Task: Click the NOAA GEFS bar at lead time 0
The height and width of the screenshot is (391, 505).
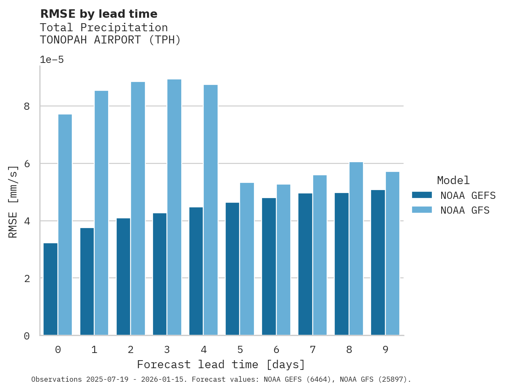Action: point(50,289)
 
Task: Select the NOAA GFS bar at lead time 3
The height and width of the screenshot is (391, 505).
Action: point(174,207)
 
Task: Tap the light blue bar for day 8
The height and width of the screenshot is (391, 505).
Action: point(356,249)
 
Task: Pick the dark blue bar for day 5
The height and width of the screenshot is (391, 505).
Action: point(232,269)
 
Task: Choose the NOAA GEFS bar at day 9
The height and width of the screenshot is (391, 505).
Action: point(378,263)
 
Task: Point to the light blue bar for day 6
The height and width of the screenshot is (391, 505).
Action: point(283,260)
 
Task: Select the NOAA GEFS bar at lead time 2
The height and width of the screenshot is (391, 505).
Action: point(123,277)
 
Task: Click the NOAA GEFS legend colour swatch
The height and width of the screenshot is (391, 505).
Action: point(422,195)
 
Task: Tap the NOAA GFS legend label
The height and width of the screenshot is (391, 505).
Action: point(464,210)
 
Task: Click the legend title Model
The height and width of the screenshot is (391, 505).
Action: point(453,181)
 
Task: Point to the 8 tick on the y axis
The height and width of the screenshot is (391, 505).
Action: point(27,106)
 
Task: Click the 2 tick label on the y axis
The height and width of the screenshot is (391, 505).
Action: point(27,279)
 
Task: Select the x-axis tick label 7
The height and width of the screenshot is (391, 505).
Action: point(313,350)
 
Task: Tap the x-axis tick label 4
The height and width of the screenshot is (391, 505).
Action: point(204,350)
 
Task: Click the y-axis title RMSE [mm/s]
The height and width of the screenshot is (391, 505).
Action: point(13,201)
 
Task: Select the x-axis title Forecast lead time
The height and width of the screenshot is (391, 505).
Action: point(221,364)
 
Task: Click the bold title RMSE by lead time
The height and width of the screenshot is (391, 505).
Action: point(98,14)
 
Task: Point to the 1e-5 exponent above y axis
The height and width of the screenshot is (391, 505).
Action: point(52,60)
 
